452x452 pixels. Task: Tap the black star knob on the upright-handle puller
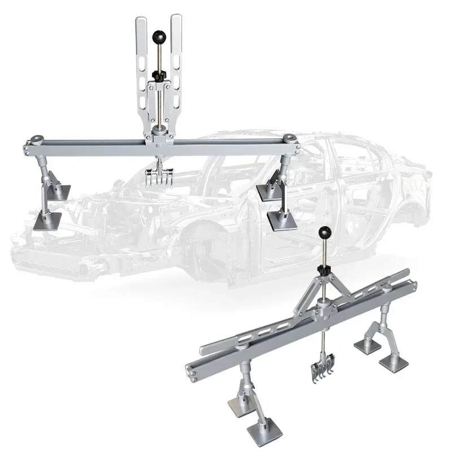[158, 74]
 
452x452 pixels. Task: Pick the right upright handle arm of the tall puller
[176, 62]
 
